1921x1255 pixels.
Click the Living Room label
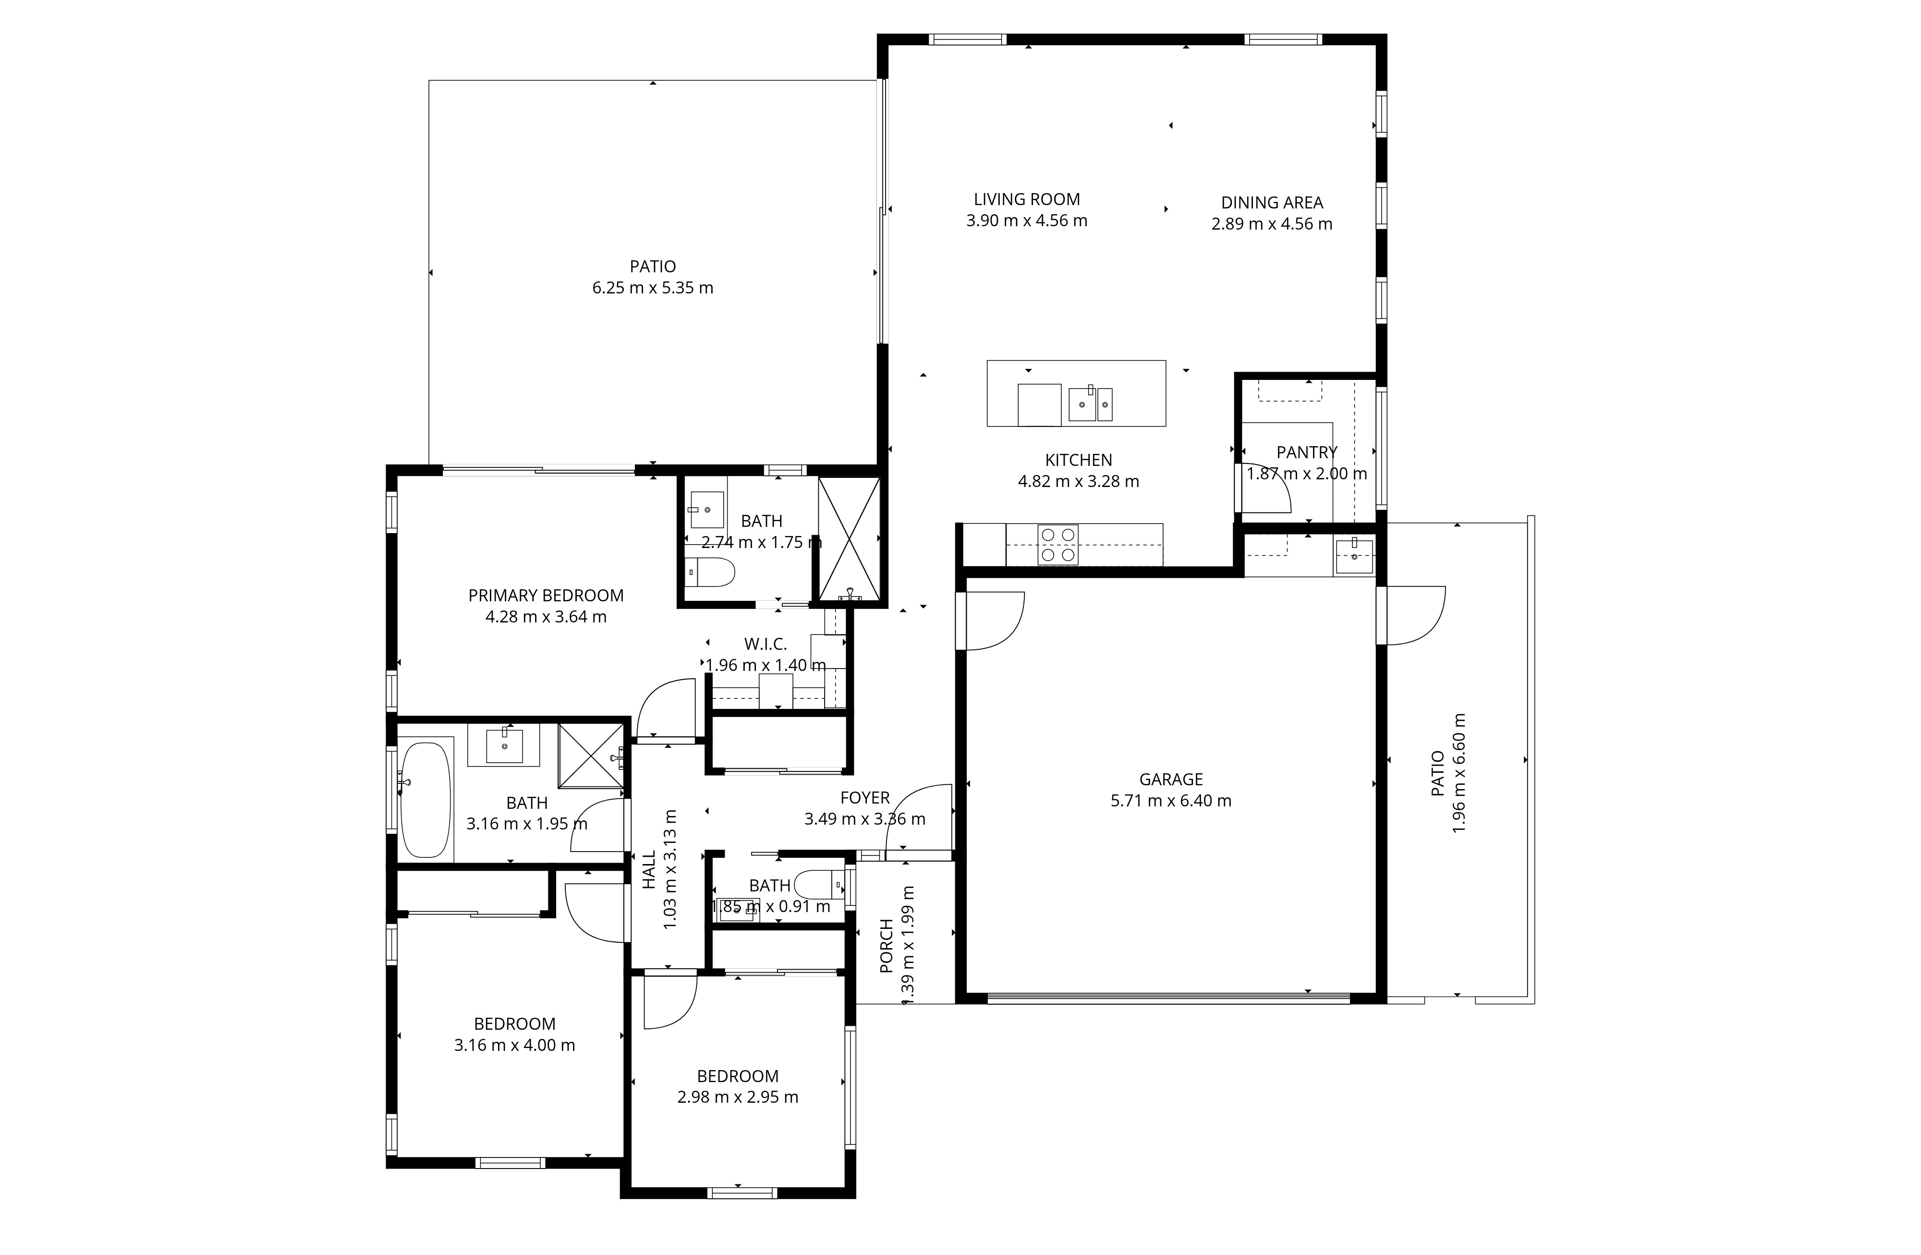1027,199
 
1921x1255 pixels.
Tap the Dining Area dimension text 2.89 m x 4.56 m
1272,224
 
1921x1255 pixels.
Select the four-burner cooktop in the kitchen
1058,545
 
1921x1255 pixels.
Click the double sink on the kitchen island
1091,403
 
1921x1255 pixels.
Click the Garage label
1171,780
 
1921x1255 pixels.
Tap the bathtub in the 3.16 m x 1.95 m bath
426,799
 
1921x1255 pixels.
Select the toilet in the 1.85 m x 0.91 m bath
818,885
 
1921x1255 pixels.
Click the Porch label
886,945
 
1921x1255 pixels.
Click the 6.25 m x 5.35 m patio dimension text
653,288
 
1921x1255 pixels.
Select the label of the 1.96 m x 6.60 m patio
1437,774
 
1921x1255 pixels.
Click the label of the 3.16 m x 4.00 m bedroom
515,1024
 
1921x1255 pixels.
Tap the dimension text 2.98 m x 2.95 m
738,1097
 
